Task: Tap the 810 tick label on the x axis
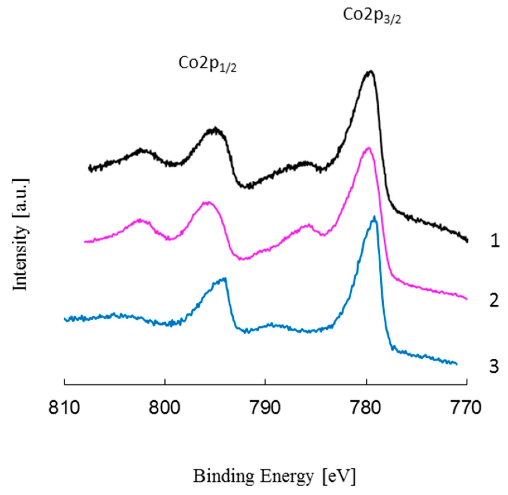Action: point(64,408)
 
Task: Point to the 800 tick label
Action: point(165,408)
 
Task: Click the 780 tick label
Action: point(366,408)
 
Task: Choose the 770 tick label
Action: point(467,408)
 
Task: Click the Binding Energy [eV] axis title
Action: point(274,476)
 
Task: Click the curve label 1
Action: point(495,241)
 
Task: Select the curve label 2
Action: point(494,300)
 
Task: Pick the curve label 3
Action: point(494,366)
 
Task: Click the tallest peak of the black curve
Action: point(370,71)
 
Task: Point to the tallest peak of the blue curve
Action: point(374,217)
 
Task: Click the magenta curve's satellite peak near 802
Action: point(140,220)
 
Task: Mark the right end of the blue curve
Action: point(456,364)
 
